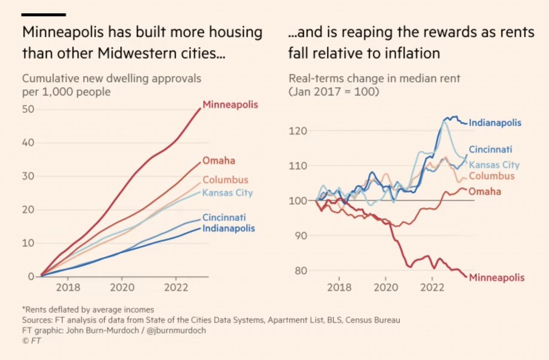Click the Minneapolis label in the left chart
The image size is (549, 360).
tap(230, 105)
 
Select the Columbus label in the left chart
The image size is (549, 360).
tap(226, 180)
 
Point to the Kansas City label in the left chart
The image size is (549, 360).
tap(228, 193)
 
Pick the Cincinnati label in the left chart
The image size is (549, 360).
tap(225, 217)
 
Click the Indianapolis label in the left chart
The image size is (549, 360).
tap(229, 228)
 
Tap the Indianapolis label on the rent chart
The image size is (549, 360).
tap(495, 123)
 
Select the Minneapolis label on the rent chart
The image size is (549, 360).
tap(497, 277)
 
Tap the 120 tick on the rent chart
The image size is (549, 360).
tap(298, 131)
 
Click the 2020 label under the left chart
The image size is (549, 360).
tap(122, 289)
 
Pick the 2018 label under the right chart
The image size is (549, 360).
tap(339, 289)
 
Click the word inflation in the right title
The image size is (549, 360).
tap(411, 54)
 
